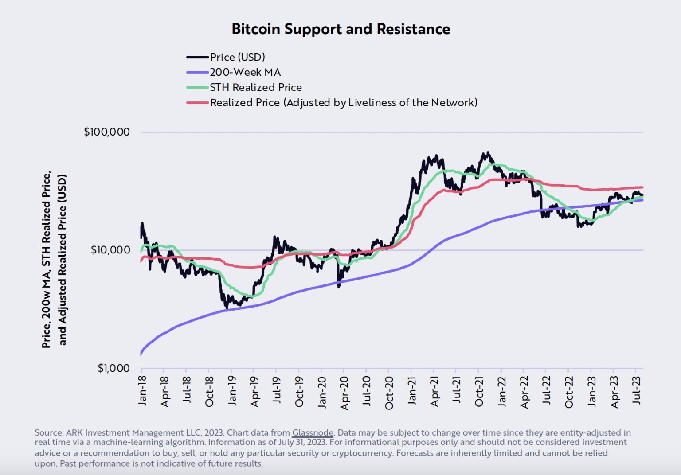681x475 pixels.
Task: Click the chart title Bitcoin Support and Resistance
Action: click(x=340, y=29)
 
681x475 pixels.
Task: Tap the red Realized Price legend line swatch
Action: click(x=197, y=102)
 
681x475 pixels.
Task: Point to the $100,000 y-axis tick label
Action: click(x=107, y=132)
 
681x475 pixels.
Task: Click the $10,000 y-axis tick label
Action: click(x=110, y=250)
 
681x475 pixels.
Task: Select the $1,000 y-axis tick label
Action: click(x=113, y=368)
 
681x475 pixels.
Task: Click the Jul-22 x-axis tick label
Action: click(x=547, y=390)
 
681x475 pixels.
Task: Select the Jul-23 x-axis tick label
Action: click(x=637, y=390)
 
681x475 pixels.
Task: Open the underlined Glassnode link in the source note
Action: click(x=312, y=432)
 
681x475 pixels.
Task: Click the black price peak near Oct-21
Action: click(x=487, y=153)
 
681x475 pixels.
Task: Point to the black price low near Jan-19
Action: click(x=227, y=307)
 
